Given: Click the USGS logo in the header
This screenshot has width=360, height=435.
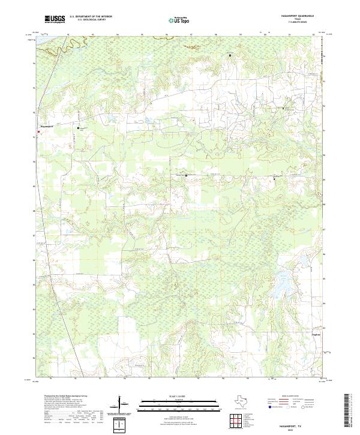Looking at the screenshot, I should coord(54,19).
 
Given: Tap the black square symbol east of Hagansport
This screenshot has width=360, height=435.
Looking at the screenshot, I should coord(77,128).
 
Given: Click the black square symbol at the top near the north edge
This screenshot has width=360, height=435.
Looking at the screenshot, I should coord(230,55).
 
